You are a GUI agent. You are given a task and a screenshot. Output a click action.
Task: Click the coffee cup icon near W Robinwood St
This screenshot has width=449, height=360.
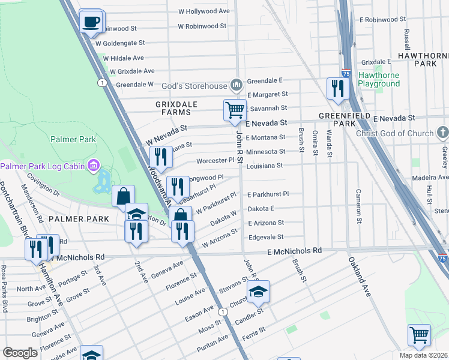91,22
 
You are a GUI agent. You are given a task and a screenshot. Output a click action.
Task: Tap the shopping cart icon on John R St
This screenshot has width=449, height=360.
235,110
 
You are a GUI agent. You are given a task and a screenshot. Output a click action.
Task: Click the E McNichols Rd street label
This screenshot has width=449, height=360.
294,250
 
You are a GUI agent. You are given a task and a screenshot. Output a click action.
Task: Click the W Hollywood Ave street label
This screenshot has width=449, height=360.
204,11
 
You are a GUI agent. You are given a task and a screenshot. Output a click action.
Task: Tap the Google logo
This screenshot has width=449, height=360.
20,352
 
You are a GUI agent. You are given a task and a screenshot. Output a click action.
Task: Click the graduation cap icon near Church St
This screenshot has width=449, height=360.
259,292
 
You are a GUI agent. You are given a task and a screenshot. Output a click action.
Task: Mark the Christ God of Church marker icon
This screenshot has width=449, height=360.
442,133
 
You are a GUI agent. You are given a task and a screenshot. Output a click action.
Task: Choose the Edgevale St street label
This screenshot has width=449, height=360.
265,238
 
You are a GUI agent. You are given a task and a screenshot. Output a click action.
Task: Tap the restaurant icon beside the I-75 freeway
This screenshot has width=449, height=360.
338,89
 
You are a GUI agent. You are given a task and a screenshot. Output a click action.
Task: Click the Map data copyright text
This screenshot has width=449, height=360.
424,355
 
